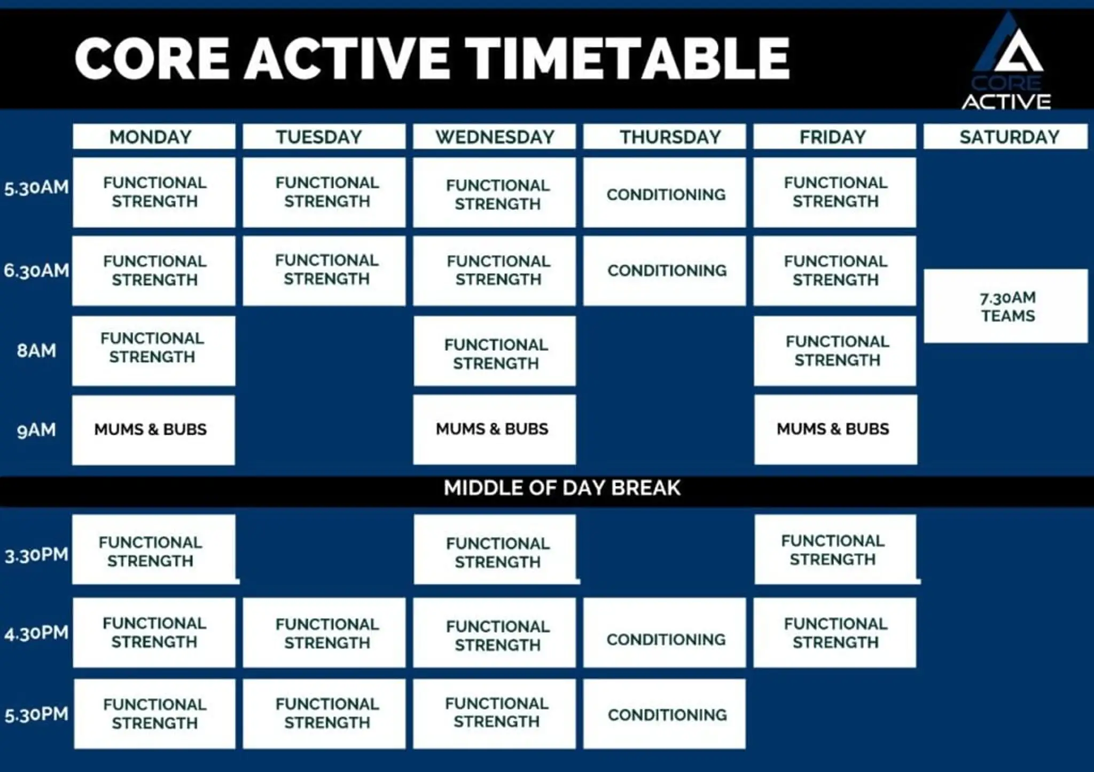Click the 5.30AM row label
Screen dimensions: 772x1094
pos(36,188)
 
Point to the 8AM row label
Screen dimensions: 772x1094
pos(36,351)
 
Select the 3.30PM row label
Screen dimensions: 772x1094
pos(36,555)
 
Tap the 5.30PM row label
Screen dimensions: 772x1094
pos(36,714)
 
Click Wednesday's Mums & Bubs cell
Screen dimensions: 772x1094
pos(494,429)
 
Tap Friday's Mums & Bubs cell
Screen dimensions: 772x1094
pos(835,429)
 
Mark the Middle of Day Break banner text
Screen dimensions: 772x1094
pos(562,488)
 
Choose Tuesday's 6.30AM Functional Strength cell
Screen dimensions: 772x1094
pos(324,270)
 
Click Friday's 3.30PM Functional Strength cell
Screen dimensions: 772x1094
pos(835,549)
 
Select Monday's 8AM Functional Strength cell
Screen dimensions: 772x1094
pos(153,350)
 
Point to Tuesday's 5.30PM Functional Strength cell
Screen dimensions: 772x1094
pos(324,713)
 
